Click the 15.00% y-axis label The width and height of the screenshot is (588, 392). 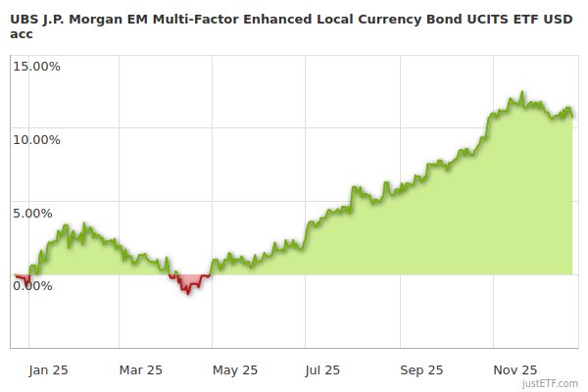click(x=35, y=67)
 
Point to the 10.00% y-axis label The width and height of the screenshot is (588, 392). click(x=35, y=139)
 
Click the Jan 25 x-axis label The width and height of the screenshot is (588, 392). click(x=46, y=369)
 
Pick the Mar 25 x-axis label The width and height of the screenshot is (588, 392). click(x=140, y=369)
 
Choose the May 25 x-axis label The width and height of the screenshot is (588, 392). click(x=235, y=369)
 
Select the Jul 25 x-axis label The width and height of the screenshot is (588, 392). click(x=322, y=369)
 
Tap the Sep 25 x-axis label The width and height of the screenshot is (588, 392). click(x=421, y=369)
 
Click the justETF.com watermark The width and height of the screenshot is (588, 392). click(x=550, y=383)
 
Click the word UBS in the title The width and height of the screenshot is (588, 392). click(x=24, y=18)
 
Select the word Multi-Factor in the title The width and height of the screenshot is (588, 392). click(x=197, y=18)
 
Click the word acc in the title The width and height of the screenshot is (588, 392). click(x=22, y=32)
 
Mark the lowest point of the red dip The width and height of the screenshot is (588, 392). click(x=187, y=293)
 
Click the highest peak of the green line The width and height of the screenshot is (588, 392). click(x=522, y=93)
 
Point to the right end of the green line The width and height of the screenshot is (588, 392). click(x=573, y=117)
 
